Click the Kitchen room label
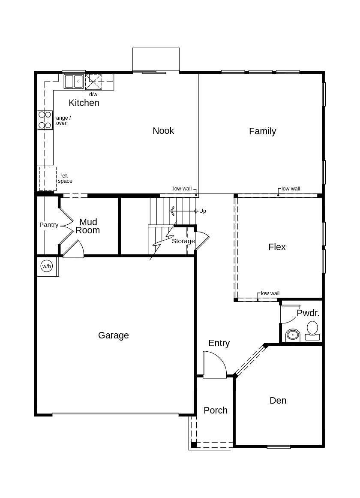84,103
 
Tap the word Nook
163,131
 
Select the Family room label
262,131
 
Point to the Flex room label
277,247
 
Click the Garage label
113,335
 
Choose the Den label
278,401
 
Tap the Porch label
216,410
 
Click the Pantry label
49,225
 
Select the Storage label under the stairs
183,241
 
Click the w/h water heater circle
46,266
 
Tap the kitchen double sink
74,81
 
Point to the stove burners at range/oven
45,120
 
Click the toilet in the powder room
312,329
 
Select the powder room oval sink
293,335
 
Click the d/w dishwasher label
93,94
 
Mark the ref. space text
65,178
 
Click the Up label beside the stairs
203,211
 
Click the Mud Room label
88,226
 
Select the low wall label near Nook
182,189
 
